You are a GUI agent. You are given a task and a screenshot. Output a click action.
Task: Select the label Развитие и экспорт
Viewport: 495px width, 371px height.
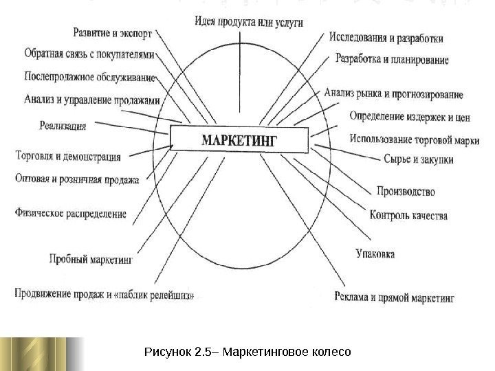(x=113, y=32)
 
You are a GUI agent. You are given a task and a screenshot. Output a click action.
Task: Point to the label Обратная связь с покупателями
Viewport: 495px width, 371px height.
(x=89, y=53)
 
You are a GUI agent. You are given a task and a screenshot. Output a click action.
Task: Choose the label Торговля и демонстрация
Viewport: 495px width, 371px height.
(x=67, y=157)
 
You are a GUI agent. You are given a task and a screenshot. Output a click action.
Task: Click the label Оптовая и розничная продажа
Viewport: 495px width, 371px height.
(x=76, y=180)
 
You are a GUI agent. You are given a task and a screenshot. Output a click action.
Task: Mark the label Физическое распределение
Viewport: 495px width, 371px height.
(x=70, y=214)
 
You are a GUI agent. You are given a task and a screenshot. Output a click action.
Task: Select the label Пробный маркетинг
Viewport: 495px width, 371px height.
(x=90, y=260)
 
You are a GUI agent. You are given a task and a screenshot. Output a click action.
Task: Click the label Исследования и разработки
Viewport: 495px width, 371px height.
(x=386, y=37)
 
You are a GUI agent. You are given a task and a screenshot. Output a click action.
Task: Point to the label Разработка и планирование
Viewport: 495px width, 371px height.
(x=392, y=60)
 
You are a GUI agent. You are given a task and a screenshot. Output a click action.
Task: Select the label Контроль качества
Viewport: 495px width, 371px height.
(x=408, y=215)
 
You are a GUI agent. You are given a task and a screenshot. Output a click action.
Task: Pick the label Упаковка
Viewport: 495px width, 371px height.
(x=375, y=254)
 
